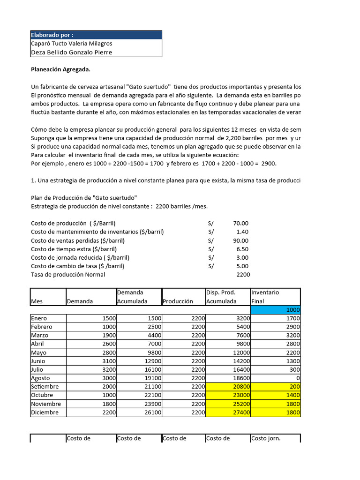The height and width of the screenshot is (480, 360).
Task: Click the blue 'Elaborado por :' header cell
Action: click(96, 35)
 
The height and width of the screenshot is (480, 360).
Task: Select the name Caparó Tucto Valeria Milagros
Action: click(71, 44)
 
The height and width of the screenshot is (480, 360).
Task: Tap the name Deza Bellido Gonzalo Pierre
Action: click(71, 52)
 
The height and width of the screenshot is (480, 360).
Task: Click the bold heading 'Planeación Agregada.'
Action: click(60, 70)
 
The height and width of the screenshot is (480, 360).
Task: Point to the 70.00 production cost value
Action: click(241, 223)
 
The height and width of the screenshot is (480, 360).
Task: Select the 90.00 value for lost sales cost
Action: click(241, 240)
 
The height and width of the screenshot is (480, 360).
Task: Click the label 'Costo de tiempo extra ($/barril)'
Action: click(79, 249)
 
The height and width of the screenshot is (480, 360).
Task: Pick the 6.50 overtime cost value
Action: click(243, 249)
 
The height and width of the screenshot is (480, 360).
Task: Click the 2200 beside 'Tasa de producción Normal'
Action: click(243, 275)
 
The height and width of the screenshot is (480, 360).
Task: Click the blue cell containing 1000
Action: click(275, 310)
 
